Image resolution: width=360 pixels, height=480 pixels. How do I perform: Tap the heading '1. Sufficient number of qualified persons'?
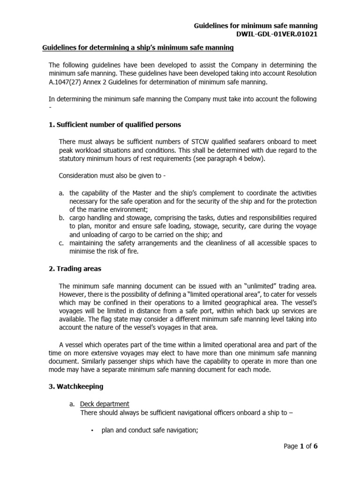pyautogui.click(x=115, y=125)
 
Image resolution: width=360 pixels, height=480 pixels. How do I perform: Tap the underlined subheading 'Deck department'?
pyautogui.click(x=105, y=404)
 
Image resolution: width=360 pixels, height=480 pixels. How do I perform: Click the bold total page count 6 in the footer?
pyautogui.click(x=315, y=446)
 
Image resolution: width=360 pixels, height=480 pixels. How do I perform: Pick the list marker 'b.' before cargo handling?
pyautogui.click(x=62, y=218)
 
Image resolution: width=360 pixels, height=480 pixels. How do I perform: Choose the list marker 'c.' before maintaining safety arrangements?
pyautogui.click(x=61, y=243)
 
